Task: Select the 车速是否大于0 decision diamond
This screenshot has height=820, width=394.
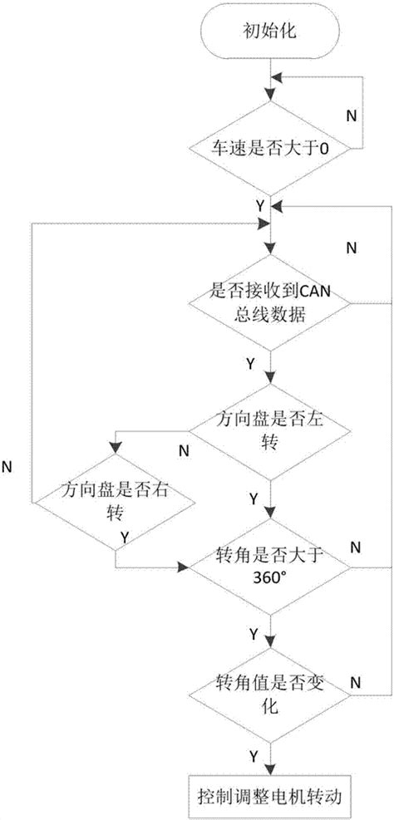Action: point(268,150)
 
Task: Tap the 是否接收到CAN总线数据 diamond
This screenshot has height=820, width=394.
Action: point(268,303)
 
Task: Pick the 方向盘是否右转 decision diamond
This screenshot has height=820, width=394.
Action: point(114,503)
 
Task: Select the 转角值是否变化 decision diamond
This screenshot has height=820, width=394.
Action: point(268,693)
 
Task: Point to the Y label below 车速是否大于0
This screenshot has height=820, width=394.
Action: point(260,203)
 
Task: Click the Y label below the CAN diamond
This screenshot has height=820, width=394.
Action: point(250,364)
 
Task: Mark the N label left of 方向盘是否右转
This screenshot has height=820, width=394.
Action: point(7,466)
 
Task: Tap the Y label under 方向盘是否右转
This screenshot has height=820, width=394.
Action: point(124,538)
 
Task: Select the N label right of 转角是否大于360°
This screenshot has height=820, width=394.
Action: point(354,546)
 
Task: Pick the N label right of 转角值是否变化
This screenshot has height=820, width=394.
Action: point(354,681)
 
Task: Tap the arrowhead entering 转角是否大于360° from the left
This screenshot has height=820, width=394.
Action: point(185,568)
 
